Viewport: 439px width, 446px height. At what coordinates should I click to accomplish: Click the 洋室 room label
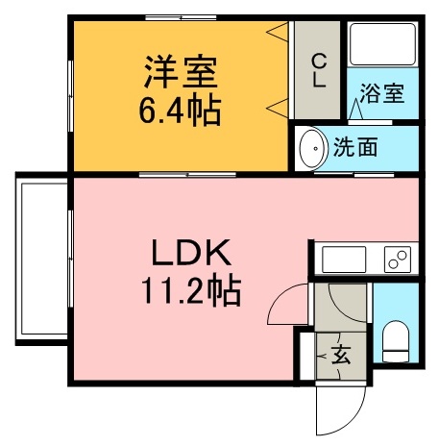click(x=183, y=73)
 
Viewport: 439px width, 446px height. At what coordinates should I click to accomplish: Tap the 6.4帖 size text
click(x=183, y=110)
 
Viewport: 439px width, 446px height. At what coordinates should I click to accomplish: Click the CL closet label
click(x=318, y=69)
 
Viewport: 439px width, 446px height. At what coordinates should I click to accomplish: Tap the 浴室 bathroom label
click(x=382, y=94)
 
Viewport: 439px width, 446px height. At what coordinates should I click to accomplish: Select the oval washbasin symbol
click(x=311, y=148)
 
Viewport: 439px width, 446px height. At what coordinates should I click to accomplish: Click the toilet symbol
click(x=396, y=340)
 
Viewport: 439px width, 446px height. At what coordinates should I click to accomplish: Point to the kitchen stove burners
click(x=397, y=258)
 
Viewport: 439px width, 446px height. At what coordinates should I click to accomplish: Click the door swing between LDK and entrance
click(x=288, y=306)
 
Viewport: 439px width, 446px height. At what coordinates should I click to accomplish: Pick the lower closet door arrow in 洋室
click(x=278, y=104)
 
